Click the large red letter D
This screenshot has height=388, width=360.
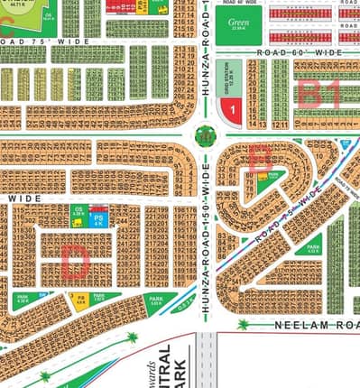75,262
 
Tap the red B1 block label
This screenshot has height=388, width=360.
319,93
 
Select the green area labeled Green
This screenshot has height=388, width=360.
238,23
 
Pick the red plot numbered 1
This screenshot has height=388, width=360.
231,111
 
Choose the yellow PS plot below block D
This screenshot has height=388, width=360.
80,298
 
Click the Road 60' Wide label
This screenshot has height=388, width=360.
300,54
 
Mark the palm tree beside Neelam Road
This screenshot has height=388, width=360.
242,323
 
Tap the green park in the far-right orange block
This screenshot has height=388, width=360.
313,249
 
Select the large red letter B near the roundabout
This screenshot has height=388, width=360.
259,156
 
